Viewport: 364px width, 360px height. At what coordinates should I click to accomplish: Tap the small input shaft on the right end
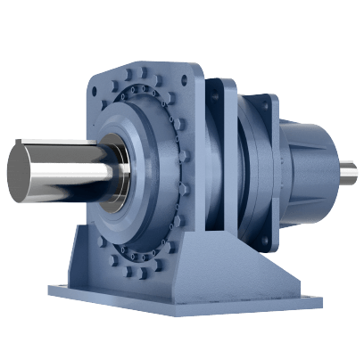point(348,168)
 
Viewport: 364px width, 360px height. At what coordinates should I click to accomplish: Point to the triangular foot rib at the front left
point(85,258)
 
